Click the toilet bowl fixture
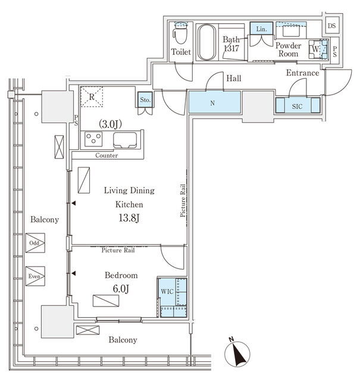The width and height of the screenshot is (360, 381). (181, 33)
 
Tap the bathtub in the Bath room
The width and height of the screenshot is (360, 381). (206, 42)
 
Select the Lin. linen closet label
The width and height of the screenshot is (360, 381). (261, 29)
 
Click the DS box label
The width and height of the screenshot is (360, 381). (331, 26)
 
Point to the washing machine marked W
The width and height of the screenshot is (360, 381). (318, 49)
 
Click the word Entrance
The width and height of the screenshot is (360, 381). (302, 73)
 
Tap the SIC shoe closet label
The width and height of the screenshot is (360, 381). (297, 106)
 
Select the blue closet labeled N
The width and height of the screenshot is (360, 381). (215, 102)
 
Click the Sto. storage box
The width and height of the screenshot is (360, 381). (145, 99)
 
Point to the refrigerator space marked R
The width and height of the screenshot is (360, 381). (92, 96)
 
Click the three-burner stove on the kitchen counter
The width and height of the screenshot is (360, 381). (93, 139)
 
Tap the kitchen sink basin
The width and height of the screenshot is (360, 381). (125, 140)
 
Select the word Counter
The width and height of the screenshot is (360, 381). (107, 155)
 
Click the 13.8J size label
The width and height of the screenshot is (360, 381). (129, 218)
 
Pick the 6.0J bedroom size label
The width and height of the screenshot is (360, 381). (121, 288)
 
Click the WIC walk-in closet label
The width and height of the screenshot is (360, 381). (167, 291)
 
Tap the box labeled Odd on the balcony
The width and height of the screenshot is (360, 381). (35, 243)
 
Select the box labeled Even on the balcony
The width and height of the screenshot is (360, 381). (35, 276)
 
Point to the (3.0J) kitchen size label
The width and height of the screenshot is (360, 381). (110, 124)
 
